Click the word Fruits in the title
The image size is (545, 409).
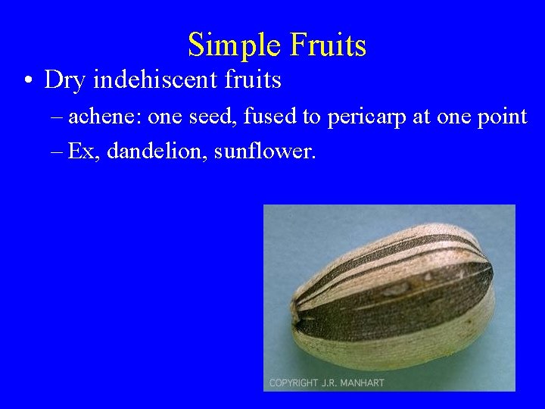coord(326,45)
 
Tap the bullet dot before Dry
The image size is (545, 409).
coord(26,80)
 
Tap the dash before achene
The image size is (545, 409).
coord(58,117)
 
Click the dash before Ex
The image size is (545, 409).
coord(58,152)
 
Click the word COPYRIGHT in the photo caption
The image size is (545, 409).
coord(294,382)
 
